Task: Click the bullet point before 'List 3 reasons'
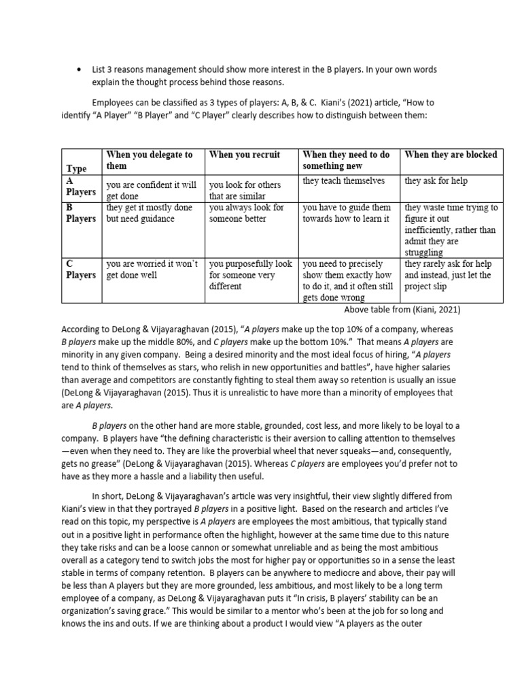[81, 70]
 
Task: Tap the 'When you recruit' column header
[244, 155]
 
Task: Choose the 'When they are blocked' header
[451, 155]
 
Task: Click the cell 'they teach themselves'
[343, 180]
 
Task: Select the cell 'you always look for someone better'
[246, 213]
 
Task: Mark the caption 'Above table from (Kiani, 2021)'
[402, 310]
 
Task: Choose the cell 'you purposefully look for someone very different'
[250, 275]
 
